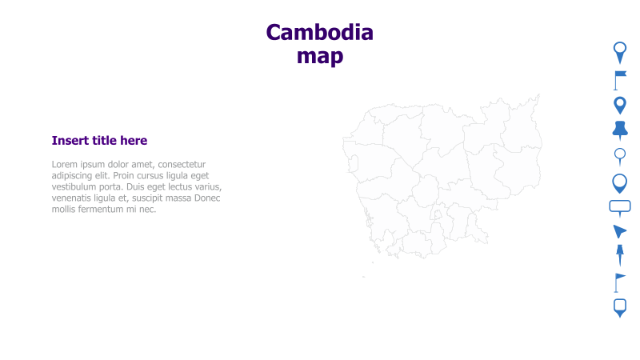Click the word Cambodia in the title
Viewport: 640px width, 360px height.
tap(319, 32)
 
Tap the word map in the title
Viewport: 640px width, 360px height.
tap(319, 56)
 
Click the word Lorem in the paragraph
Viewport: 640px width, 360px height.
tap(66, 165)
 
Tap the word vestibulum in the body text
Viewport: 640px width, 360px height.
tap(77, 187)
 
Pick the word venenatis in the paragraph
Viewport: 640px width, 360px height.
tap(74, 198)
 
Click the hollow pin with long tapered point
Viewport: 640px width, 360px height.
tap(619, 52)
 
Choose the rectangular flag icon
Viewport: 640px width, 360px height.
tap(619, 79)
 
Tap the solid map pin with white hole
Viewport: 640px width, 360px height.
tap(619, 105)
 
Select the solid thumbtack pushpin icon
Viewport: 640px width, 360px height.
tap(619, 130)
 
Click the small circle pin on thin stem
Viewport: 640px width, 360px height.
tap(619, 156)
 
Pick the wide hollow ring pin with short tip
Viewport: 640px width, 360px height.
tap(619, 183)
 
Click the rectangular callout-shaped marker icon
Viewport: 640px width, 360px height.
tap(619, 207)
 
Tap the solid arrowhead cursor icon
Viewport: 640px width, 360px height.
tap(619, 232)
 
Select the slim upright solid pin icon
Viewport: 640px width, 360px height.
tap(619, 256)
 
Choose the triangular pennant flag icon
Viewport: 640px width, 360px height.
tap(619, 282)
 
